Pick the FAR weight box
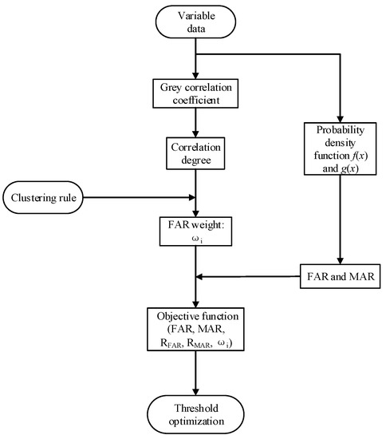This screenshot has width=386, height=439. pyautogui.click(x=192, y=236)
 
